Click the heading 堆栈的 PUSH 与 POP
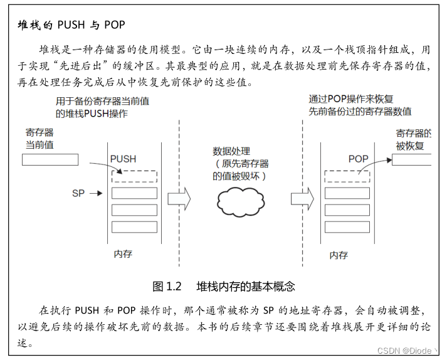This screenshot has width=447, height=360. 71,26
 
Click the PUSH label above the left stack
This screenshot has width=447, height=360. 123,159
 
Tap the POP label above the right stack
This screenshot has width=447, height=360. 359,159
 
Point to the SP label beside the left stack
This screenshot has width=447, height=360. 78,194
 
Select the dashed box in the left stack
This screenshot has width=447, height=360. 134,177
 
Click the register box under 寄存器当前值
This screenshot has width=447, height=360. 50,159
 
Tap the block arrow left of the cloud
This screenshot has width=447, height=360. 179,198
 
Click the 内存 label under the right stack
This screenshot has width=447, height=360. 339,255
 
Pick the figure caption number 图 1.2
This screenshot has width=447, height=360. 167,287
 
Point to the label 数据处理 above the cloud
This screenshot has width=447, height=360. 231,151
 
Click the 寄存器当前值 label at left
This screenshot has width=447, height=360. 39,139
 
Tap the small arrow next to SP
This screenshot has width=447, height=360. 95,194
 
